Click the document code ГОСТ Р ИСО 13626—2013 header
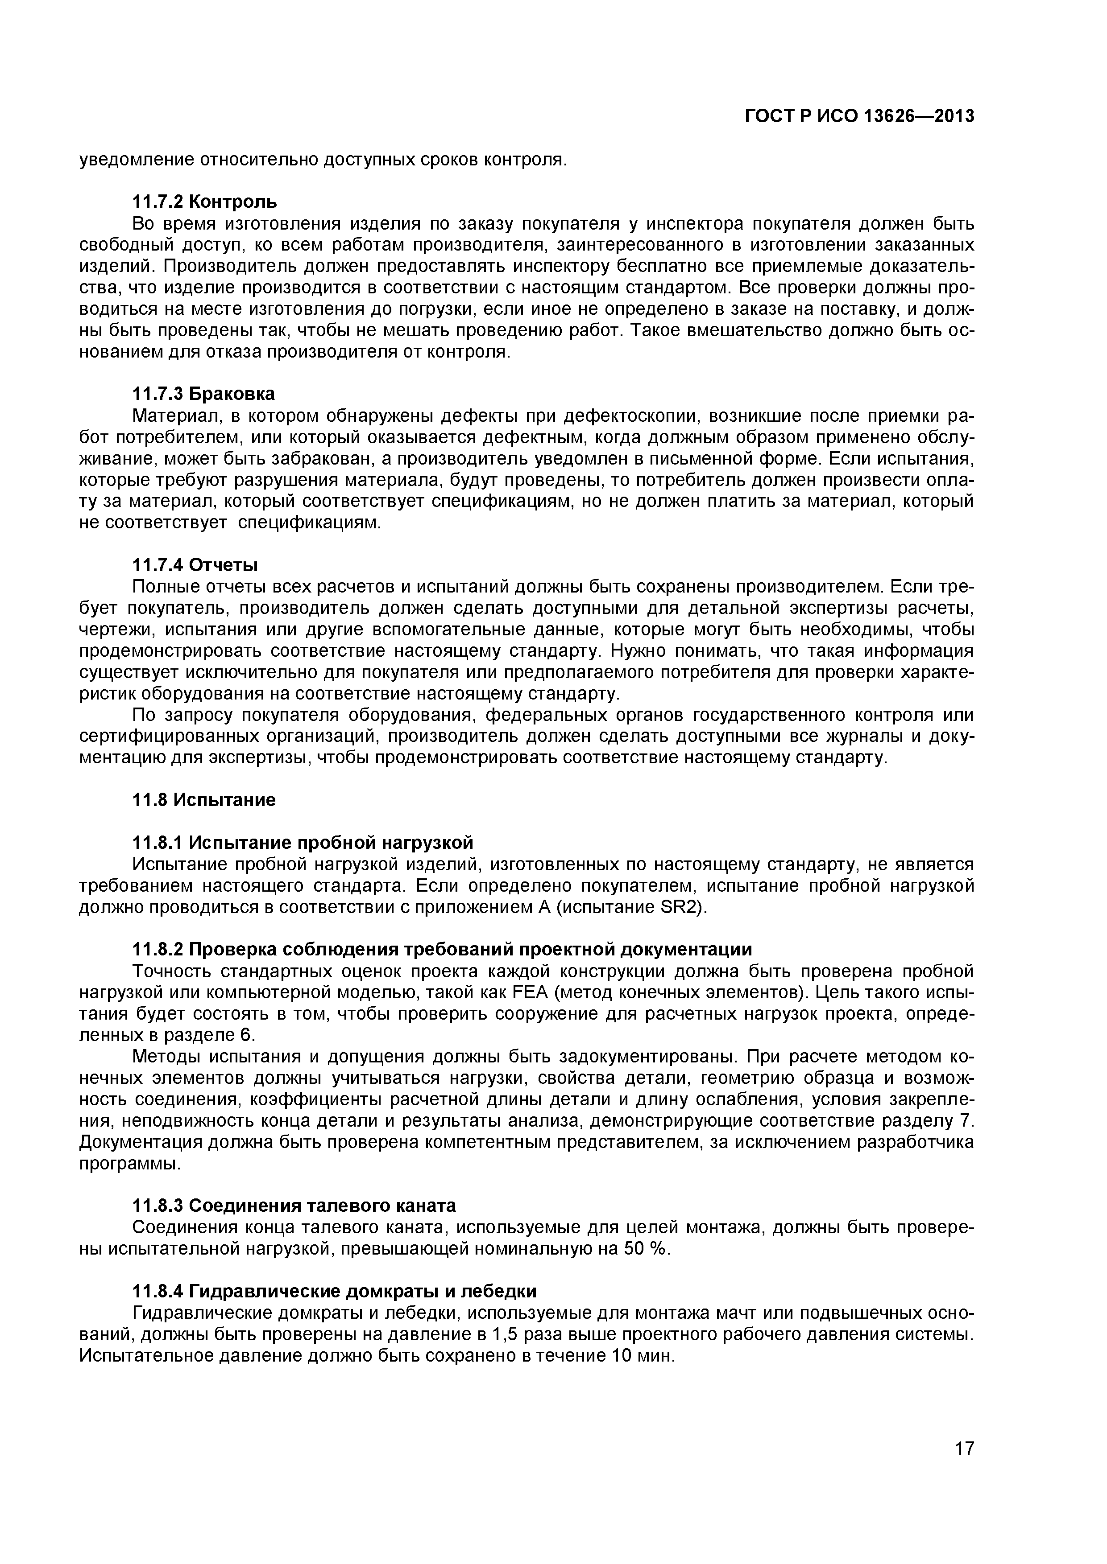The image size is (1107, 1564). click(x=859, y=116)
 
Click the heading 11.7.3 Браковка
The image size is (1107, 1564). click(x=203, y=394)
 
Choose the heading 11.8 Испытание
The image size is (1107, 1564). click(x=203, y=800)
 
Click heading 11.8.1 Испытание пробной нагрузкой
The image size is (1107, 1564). click(x=302, y=844)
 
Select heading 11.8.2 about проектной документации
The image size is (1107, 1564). click(x=442, y=950)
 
